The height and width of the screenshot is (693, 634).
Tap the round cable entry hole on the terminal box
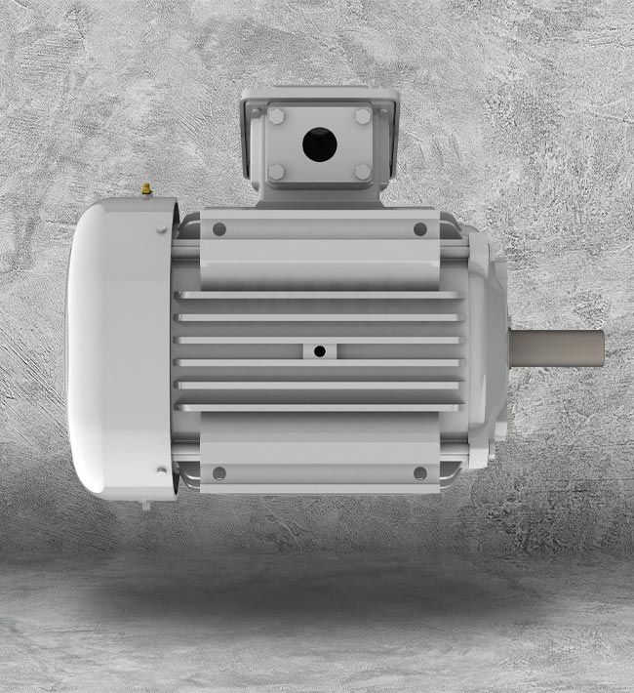point(317,145)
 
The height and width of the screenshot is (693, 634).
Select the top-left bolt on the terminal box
point(276,116)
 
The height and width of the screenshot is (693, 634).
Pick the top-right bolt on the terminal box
point(362,116)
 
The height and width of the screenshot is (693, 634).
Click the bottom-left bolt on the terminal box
point(276,173)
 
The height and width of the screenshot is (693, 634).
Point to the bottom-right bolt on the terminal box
point(362,173)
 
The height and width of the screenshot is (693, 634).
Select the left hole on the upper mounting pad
point(218,229)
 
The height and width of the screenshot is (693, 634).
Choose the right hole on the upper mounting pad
point(420,229)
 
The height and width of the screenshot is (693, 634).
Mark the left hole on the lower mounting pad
point(218,472)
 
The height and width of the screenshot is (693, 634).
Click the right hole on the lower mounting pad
point(420,472)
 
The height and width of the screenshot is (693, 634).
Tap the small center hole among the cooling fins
point(319,350)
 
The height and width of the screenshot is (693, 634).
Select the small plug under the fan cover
point(145,505)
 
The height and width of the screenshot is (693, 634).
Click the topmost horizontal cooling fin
point(317,295)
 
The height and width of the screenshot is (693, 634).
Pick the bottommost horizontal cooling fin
point(317,407)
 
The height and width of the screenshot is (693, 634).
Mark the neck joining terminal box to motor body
point(317,198)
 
